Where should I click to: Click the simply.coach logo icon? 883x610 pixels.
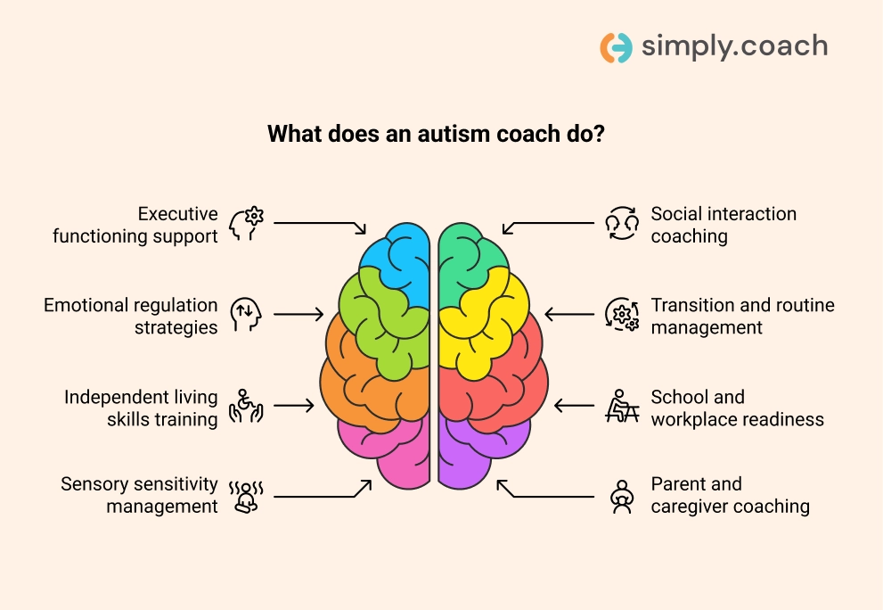(x=616, y=47)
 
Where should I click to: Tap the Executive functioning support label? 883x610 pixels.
(x=135, y=225)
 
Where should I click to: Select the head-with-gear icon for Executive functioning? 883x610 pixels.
(x=247, y=224)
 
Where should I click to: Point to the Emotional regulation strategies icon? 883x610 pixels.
(x=246, y=315)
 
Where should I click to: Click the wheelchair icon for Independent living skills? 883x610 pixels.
(x=246, y=406)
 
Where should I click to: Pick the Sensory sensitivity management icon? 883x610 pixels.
(x=246, y=497)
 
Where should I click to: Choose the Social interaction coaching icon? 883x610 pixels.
(x=622, y=223)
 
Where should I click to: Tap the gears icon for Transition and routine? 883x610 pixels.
(x=622, y=315)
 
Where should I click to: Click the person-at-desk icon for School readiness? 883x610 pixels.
(x=622, y=406)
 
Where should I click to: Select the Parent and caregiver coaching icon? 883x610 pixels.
(x=622, y=497)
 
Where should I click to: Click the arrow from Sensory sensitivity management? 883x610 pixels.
(x=323, y=493)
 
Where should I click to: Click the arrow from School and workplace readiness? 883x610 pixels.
(x=575, y=406)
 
